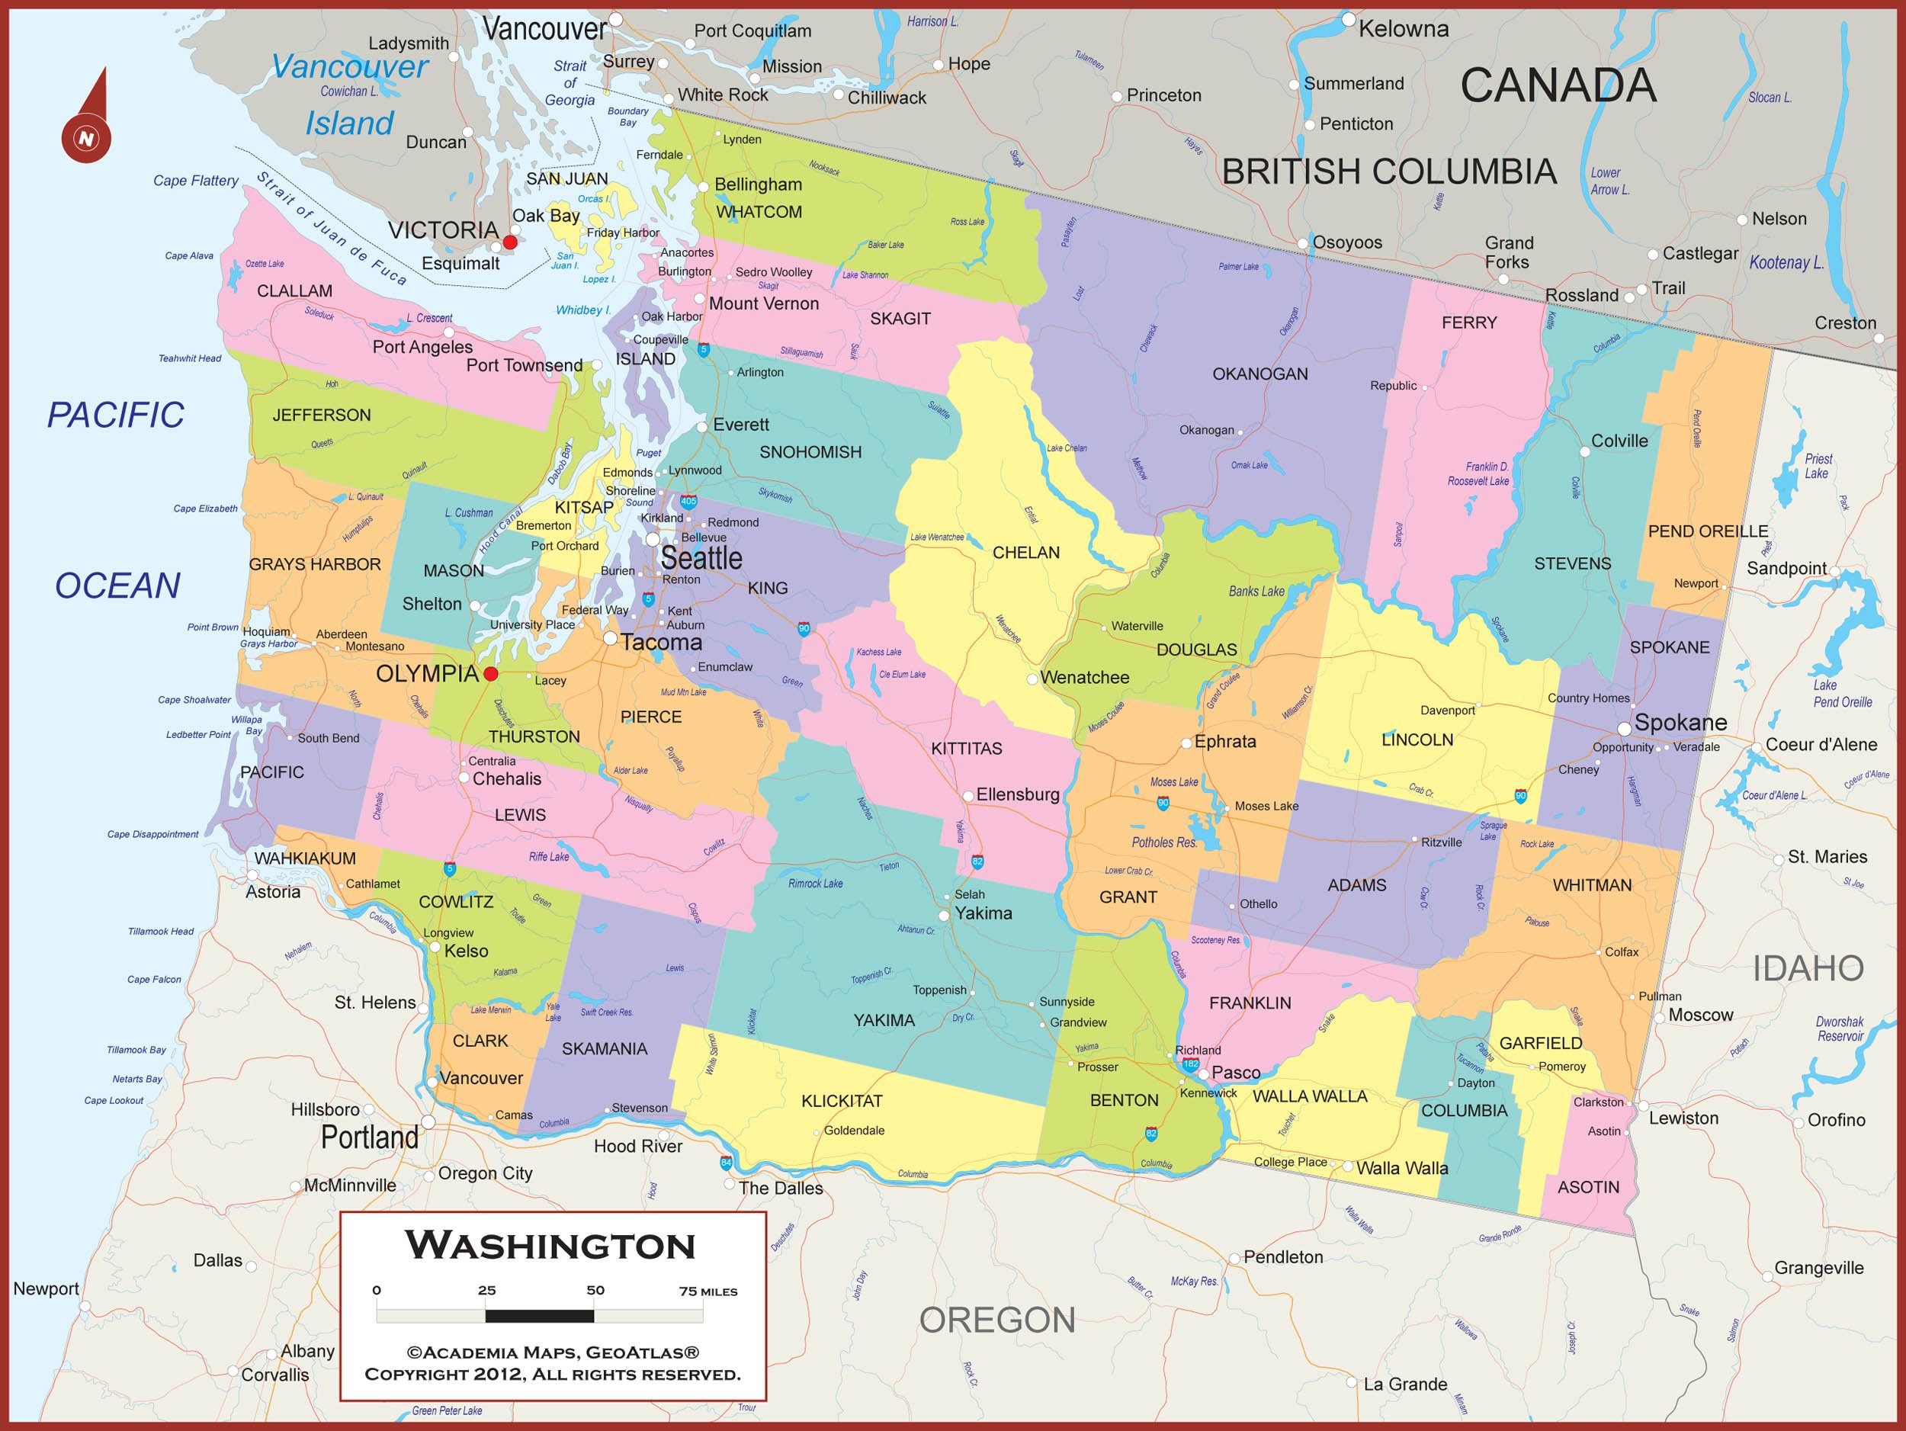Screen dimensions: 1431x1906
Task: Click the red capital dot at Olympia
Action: click(490, 674)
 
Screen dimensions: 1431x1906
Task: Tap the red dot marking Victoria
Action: click(510, 242)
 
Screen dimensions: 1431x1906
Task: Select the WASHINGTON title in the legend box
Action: click(550, 1246)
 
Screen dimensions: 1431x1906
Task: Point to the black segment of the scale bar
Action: click(540, 1316)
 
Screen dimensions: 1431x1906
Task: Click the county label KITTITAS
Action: click(966, 749)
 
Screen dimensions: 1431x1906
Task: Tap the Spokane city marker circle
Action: click(1623, 729)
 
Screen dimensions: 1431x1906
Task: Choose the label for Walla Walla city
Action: click(1402, 1168)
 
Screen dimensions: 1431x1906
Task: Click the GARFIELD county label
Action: click(1541, 1043)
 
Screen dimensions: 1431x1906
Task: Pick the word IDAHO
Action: click(1808, 968)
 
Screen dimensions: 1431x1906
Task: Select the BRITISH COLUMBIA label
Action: click(1389, 172)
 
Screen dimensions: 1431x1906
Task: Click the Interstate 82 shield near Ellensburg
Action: click(977, 861)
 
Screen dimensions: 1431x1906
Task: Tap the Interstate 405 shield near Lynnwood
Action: click(688, 501)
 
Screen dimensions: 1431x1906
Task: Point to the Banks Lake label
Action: click(1256, 591)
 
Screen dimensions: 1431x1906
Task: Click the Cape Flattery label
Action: click(196, 180)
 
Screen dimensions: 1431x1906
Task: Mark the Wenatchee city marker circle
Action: click(1032, 679)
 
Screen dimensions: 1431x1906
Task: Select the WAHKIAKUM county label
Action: click(304, 858)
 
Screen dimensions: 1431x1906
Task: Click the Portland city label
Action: click(370, 1137)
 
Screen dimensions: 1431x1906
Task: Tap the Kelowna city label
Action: click(1404, 28)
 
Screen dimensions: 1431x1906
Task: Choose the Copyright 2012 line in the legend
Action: click(552, 1374)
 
